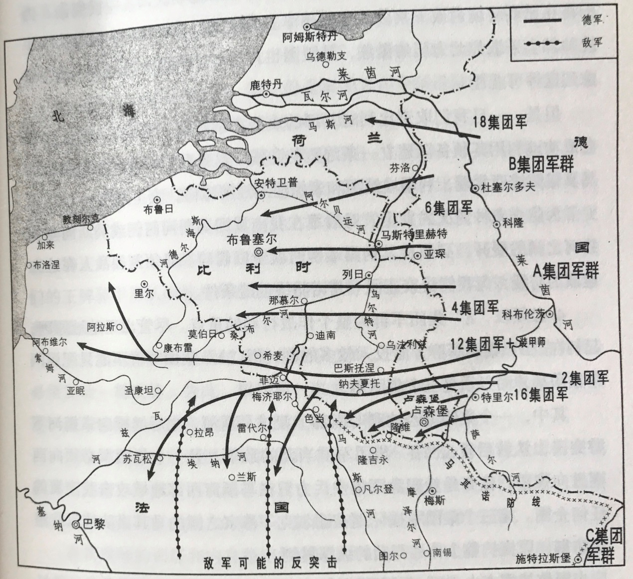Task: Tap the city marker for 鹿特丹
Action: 266,94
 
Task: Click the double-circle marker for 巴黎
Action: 76,525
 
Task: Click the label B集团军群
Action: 541,163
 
